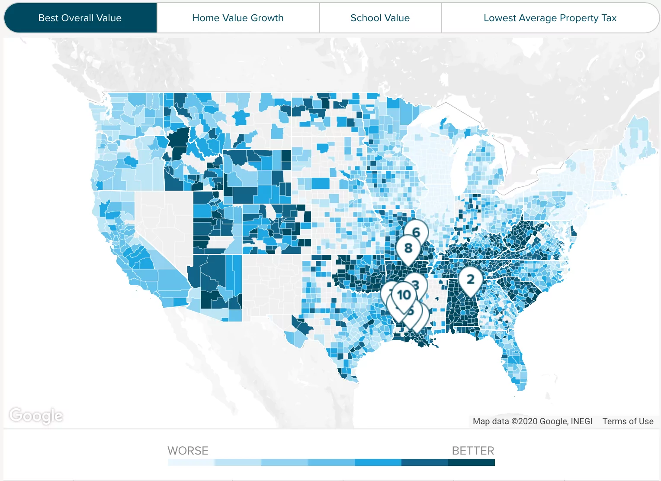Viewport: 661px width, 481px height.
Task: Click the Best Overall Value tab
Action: [x=80, y=18]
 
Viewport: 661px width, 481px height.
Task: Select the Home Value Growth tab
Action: [x=238, y=18]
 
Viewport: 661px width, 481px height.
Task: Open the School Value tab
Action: [x=380, y=18]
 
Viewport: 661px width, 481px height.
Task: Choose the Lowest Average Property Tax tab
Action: [x=550, y=18]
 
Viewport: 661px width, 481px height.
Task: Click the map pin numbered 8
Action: [x=408, y=248]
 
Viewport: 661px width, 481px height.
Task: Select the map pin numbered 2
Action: [x=470, y=279]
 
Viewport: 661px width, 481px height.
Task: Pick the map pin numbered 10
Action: [x=404, y=295]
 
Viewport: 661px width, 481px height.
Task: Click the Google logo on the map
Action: [x=36, y=416]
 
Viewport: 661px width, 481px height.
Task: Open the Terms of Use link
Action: [x=628, y=421]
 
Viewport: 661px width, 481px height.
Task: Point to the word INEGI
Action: [x=581, y=421]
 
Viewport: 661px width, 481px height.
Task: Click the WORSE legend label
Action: [x=188, y=451]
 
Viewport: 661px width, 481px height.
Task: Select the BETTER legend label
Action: [x=473, y=451]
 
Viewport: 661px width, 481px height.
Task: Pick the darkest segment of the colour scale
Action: [x=472, y=462]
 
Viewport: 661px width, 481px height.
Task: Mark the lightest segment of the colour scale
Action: [x=191, y=462]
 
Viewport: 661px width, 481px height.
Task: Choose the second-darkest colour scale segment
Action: [x=425, y=462]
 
